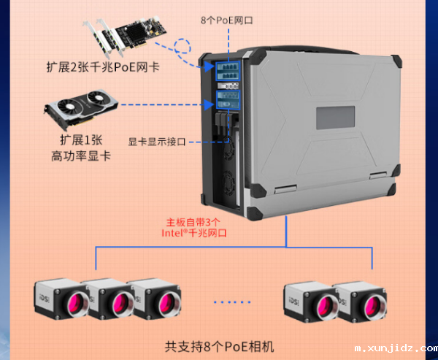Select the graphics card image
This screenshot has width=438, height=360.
click(81, 107)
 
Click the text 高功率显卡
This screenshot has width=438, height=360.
click(80, 155)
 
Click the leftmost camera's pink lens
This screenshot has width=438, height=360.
click(69, 301)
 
